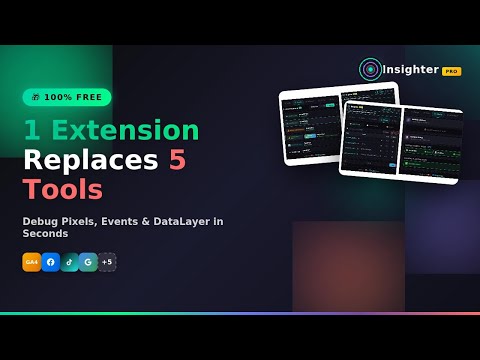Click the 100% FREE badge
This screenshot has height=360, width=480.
(67, 97)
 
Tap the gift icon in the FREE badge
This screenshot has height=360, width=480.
(35, 97)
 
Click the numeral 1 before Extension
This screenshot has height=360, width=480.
(31, 131)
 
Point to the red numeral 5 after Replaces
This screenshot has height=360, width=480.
(176, 159)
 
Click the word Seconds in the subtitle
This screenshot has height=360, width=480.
(45, 234)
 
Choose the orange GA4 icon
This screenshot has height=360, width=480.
(32, 262)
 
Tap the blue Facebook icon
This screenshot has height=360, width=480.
(51, 262)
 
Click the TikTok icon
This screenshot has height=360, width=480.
(69, 262)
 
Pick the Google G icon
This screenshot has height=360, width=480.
(88, 262)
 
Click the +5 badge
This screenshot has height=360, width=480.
(107, 262)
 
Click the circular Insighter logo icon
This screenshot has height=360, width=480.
(370, 69)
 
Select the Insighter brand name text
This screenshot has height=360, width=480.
(411, 70)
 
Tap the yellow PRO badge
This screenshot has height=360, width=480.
(452, 71)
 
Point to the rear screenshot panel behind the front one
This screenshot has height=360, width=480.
(310, 125)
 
